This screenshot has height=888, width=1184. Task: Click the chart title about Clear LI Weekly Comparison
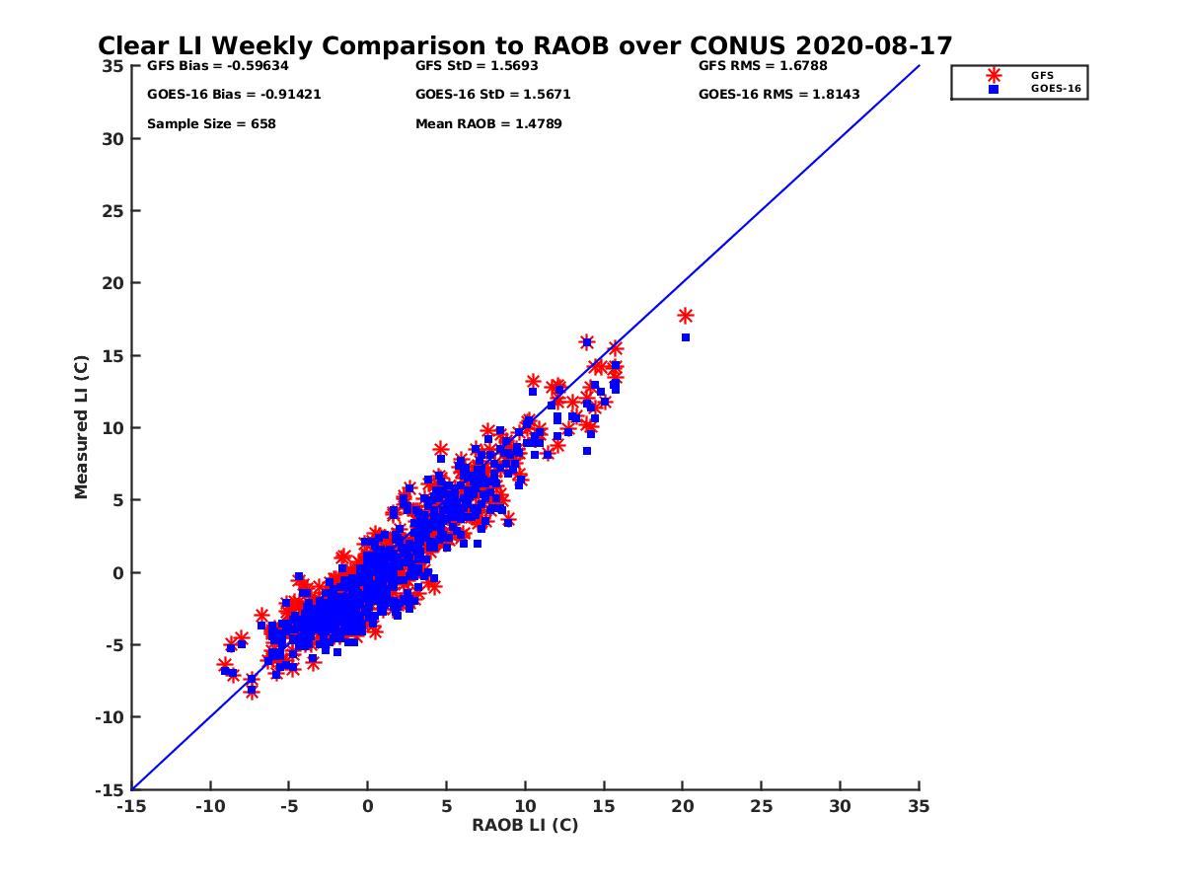click(525, 45)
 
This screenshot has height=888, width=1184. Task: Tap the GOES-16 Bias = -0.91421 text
click(234, 95)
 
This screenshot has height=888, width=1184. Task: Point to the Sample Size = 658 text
click(211, 124)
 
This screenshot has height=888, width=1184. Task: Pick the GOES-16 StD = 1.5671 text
click(493, 95)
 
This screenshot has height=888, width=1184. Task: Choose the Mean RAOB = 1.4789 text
click(488, 124)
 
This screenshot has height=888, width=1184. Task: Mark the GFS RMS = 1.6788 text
click(763, 66)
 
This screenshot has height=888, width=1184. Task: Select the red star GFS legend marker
click(994, 75)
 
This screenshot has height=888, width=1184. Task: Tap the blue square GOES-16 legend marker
click(994, 89)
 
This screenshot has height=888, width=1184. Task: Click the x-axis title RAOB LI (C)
click(525, 825)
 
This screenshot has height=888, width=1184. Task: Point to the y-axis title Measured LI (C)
click(81, 428)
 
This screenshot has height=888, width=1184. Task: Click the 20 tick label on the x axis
click(683, 806)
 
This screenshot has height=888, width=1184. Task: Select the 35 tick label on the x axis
click(919, 806)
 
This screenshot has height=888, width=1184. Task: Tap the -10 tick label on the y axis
click(111, 717)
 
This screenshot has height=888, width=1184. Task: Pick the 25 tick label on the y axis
click(114, 211)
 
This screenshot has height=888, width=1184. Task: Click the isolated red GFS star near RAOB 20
click(686, 316)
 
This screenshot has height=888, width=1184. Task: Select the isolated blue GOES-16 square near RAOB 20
click(686, 337)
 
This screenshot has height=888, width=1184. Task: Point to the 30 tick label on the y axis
click(114, 139)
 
